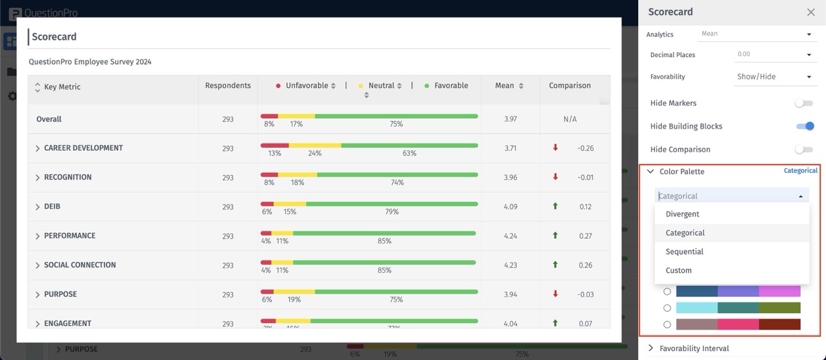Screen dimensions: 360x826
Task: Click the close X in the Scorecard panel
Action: tap(811, 12)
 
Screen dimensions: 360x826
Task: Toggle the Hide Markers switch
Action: tap(803, 103)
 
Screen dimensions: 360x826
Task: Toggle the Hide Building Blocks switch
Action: tap(804, 126)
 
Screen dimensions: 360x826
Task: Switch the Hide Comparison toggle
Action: tap(803, 150)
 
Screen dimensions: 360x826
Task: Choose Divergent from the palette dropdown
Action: tap(682, 214)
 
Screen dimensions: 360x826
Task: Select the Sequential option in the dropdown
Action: tap(684, 252)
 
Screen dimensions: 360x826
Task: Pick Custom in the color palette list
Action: tap(678, 270)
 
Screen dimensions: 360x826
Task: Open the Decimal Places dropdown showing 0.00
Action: tap(773, 55)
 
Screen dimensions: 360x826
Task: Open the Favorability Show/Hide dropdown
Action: tap(773, 77)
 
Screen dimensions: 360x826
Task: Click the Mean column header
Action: tap(505, 86)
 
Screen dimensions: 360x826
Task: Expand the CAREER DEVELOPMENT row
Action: tap(37, 148)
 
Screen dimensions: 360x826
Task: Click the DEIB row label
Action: tap(52, 206)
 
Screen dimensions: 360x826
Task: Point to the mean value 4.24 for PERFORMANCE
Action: tap(510, 236)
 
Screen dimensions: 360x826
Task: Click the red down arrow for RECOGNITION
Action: tap(555, 177)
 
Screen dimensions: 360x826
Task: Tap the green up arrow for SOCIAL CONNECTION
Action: tap(555, 265)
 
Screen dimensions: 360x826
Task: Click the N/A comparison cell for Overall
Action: tap(569, 119)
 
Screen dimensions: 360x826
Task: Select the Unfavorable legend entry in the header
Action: tap(306, 86)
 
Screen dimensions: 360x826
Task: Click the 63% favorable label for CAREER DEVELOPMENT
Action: tap(409, 154)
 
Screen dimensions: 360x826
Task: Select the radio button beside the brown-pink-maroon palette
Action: tap(667, 325)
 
